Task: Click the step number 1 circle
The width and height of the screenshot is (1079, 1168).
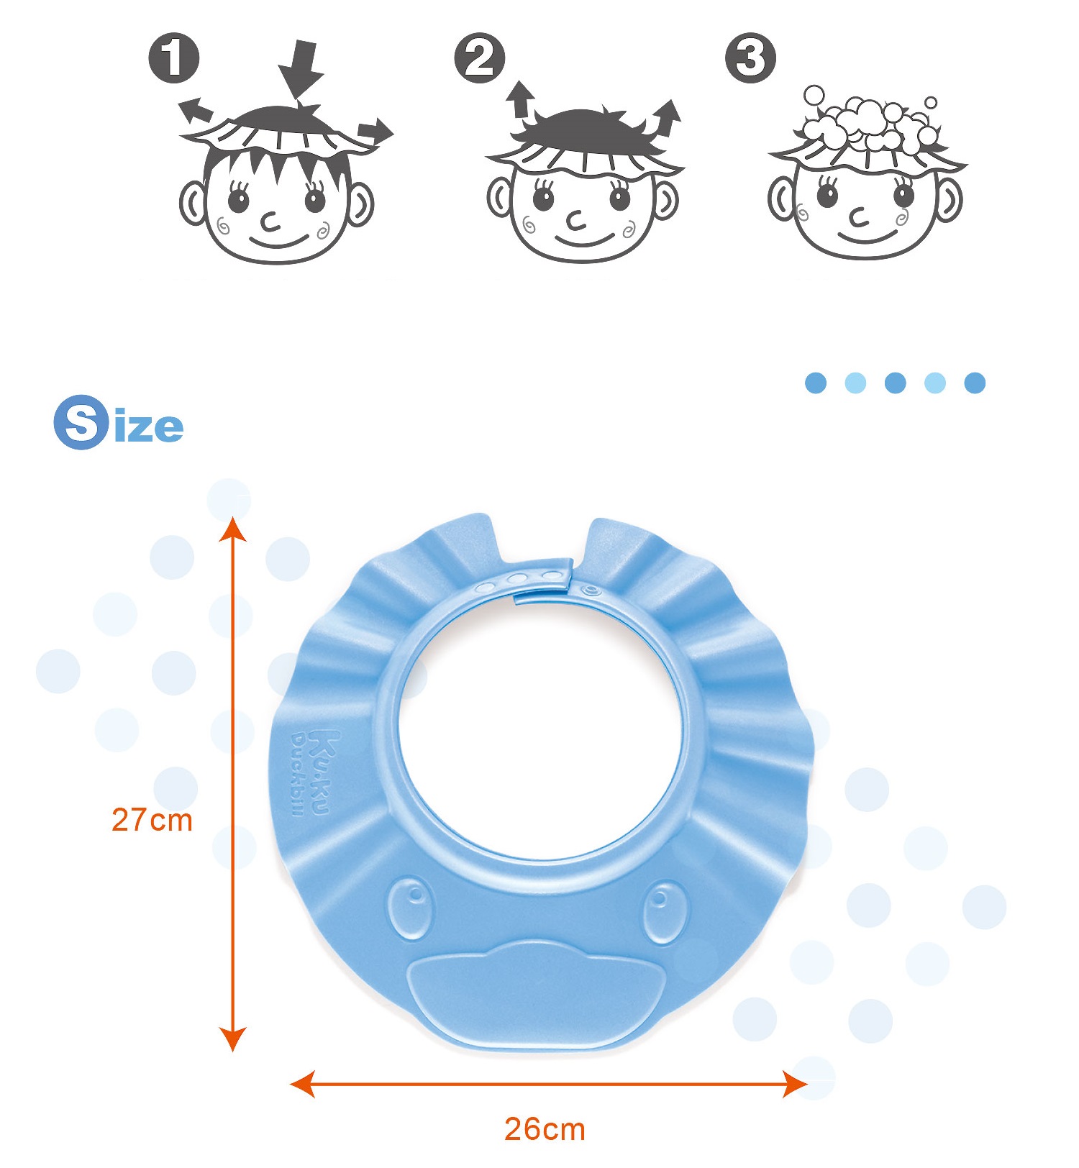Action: tap(174, 58)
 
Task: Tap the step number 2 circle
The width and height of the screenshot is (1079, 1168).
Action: tap(480, 58)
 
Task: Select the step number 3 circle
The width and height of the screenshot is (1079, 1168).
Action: tap(750, 58)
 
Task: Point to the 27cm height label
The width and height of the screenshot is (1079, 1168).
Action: tap(152, 820)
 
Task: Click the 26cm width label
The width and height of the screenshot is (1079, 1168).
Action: tap(545, 1129)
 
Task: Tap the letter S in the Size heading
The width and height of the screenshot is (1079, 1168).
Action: tap(81, 422)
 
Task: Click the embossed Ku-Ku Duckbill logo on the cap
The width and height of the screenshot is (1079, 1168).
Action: tap(310, 774)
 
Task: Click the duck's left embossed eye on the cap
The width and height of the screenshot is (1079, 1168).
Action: tap(411, 908)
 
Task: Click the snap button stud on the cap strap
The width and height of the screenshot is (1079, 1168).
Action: tap(591, 590)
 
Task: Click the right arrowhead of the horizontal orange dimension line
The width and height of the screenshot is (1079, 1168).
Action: tap(795, 1084)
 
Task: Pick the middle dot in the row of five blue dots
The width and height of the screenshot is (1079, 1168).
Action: tap(895, 383)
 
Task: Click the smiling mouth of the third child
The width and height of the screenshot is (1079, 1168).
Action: tap(868, 237)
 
